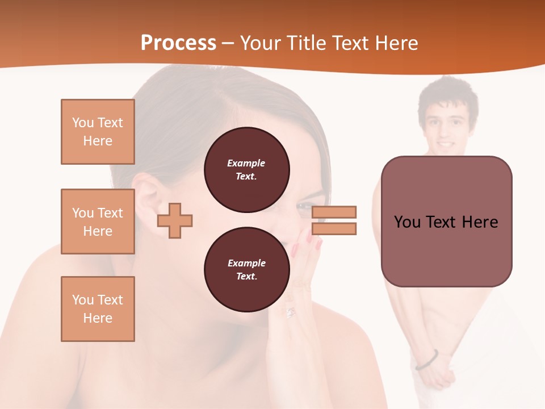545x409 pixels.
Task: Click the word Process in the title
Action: tap(178, 43)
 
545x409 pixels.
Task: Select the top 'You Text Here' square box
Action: tap(98, 132)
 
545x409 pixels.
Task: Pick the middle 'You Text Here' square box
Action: tap(98, 222)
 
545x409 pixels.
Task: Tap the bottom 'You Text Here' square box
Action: tap(98, 309)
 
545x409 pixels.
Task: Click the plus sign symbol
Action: tap(175, 220)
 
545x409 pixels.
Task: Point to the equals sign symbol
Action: tap(334, 220)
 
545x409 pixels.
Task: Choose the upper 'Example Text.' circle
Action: tap(246, 170)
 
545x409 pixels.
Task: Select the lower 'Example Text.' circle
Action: tap(246, 270)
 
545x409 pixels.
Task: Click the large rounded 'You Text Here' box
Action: tap(446, 222)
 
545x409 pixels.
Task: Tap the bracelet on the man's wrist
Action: tap(427, 360)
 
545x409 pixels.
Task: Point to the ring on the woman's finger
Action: tap(291, 312)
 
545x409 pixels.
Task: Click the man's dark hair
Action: tap(448, 94)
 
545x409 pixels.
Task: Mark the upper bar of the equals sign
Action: tap(334, 212)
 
